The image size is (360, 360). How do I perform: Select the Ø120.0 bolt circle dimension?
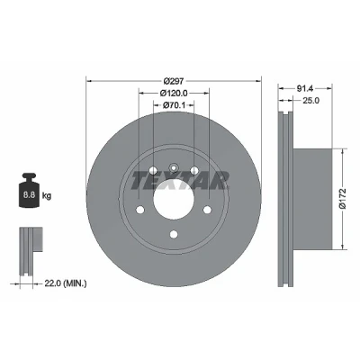(174, 93)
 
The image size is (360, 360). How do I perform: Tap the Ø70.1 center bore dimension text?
(174, 105)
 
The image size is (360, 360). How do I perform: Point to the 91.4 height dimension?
(305, 88)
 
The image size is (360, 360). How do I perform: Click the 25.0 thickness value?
(310, 101)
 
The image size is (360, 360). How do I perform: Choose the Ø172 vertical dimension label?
(343, 199)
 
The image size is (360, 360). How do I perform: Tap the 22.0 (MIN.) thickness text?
(66, 283)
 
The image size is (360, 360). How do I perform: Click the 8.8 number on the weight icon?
(29, 195)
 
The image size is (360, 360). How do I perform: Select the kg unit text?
(47, 196)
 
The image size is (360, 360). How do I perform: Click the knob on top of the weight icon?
(29, 176)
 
